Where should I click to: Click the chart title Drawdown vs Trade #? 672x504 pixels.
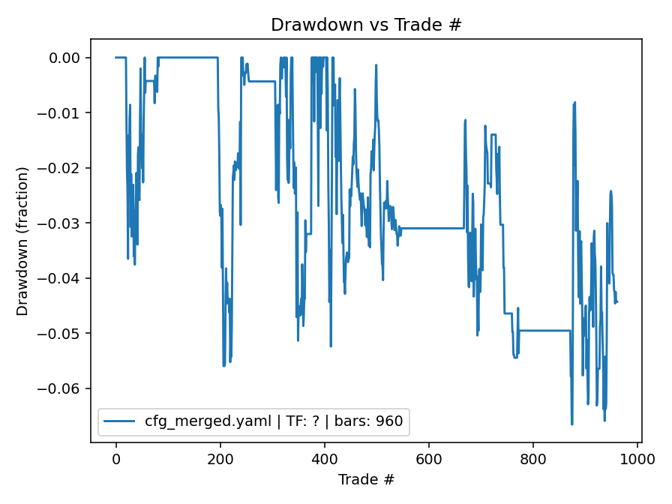(366, 24)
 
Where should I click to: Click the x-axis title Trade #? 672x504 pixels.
(366, 479)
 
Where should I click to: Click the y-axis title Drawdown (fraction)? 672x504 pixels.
(22, 241)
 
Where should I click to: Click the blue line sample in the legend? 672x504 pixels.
(120, 421)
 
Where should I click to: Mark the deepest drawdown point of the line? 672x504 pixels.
(571, 424)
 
